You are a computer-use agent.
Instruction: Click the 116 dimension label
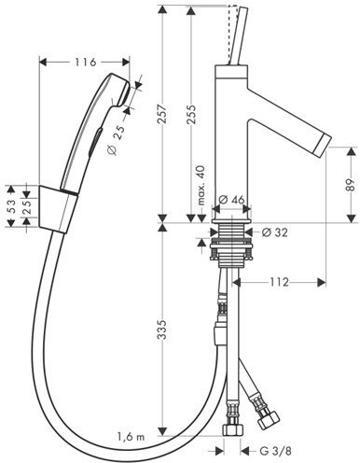click(86, 63)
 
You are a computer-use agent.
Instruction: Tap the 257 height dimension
click(162, 115)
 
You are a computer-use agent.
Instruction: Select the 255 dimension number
click(191, 115)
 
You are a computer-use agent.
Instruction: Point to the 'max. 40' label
click(201, 186)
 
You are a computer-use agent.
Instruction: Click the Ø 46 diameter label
click(231, 200)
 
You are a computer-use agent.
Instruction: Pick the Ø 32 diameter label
click(274, 232)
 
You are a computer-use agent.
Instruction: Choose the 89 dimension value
click(351, 185)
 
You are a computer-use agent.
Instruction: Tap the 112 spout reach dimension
click(279, 282)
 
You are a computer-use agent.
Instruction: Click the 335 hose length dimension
click(162, 330)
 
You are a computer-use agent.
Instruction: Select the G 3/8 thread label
click(275, 450)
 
